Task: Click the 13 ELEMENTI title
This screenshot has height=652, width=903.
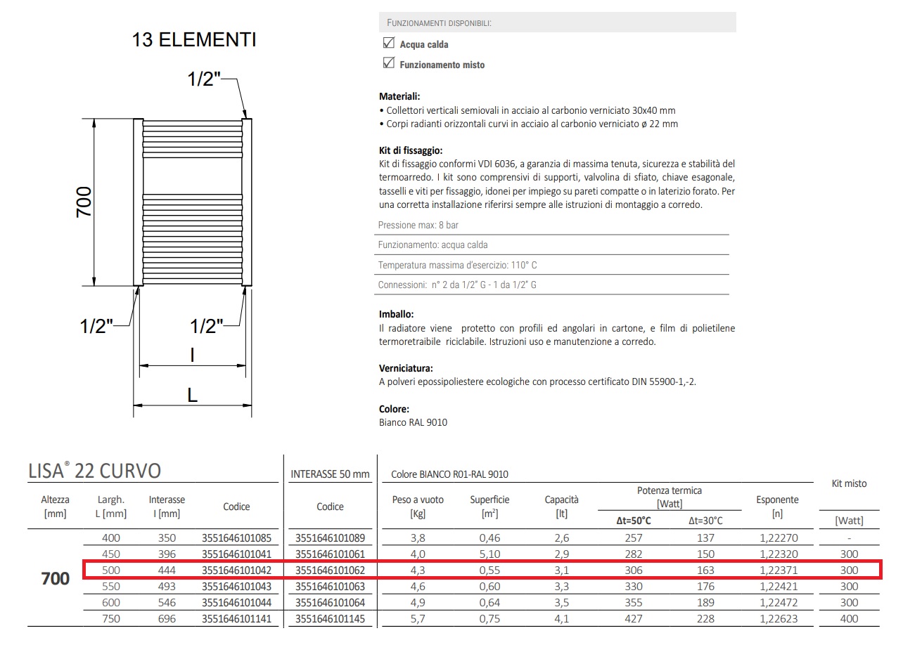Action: [194, 40]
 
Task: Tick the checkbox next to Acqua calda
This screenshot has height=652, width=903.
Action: [388, 44]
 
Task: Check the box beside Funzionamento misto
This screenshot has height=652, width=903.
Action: [388, 64]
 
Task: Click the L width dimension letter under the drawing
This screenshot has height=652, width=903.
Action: [192, 395]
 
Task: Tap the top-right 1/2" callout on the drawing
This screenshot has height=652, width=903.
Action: [204, 79]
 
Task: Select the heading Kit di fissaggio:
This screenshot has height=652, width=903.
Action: [410, 150]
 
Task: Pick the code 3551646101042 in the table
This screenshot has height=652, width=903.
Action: [236, 570]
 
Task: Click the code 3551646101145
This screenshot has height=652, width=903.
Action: [330, 619]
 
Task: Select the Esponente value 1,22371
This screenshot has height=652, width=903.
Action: [776, 570]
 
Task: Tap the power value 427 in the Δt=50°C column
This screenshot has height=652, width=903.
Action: [634, 619]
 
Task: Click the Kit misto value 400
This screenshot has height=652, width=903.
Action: [849, 619]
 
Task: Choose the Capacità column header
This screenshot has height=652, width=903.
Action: [561, 507]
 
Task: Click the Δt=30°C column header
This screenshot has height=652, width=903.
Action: [705, 521]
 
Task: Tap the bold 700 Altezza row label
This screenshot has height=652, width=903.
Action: [55, 578]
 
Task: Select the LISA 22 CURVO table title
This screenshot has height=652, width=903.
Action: [95, 471]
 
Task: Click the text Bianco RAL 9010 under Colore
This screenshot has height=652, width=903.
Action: [413, 422]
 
